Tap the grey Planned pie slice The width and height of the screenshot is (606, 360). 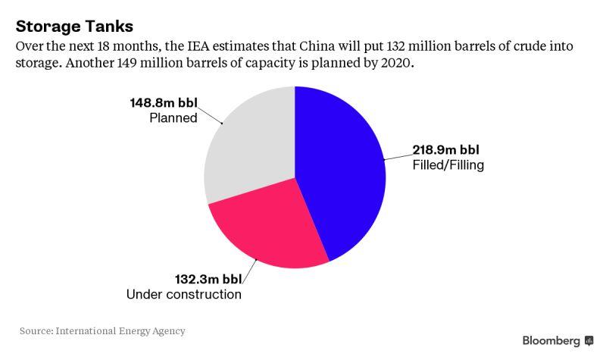tap(250, 144)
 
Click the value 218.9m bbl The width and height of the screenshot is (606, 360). tap(446, 149)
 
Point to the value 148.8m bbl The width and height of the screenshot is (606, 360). tap(164, 102)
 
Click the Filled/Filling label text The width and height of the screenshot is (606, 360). tap(448, 164)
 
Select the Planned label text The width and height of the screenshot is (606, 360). tap(174, 117)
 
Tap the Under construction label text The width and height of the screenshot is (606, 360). tap(184, 294)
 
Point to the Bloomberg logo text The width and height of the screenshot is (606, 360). tap(551, 340)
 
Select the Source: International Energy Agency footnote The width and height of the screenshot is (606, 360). tap(102, 331)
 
